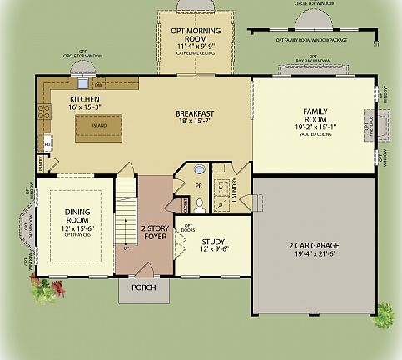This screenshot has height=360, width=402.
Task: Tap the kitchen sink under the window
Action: pyautogui.click(x=82, y=83)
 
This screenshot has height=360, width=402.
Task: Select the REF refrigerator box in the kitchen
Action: pyautogui.click(x=48, y=144)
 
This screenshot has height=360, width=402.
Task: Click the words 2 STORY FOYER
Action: pyautogui.click(x=155, y=231)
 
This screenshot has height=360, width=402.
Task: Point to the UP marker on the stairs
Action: pyautogui.click(x=126, y=247)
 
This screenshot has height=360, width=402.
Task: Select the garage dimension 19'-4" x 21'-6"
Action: pyautogui.click(x=312, y=253)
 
